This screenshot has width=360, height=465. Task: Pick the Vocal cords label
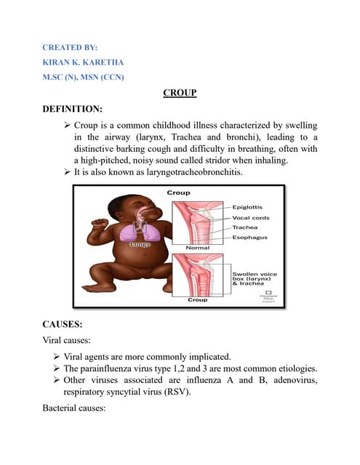tap(252, 217)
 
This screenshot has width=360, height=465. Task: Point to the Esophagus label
tap(250, 237)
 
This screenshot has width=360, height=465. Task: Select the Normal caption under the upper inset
tap(198, 248)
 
